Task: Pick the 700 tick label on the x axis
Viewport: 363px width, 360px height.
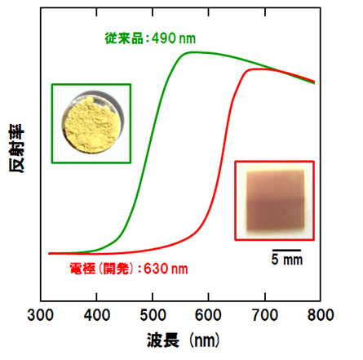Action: [x=265, y=314]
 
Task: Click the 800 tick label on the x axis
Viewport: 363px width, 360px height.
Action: [x=321, y=314]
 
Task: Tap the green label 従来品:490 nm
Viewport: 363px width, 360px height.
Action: [x=153, y=37]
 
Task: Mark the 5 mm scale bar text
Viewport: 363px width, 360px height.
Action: [x=286, y=262]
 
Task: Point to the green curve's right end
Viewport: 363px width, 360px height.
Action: [x=315, y=82]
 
